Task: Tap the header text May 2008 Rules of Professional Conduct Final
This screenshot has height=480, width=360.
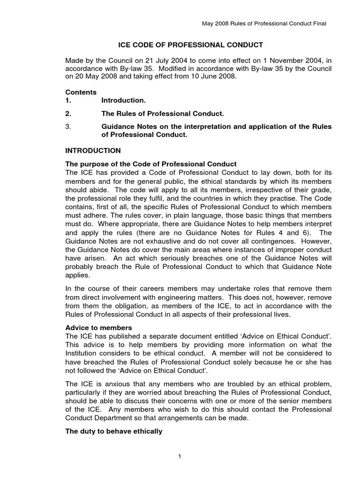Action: [x=264, y=23]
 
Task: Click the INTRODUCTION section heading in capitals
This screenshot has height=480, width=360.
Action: [x=93, y=150]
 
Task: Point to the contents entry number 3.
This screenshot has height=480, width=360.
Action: [x=68, y=126]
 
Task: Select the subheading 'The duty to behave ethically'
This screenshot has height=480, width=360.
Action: [x=114, y=431]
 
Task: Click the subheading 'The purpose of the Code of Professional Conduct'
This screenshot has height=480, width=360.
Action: [x=150, y=164]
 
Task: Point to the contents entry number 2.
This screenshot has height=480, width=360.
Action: [x=68, y=113]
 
